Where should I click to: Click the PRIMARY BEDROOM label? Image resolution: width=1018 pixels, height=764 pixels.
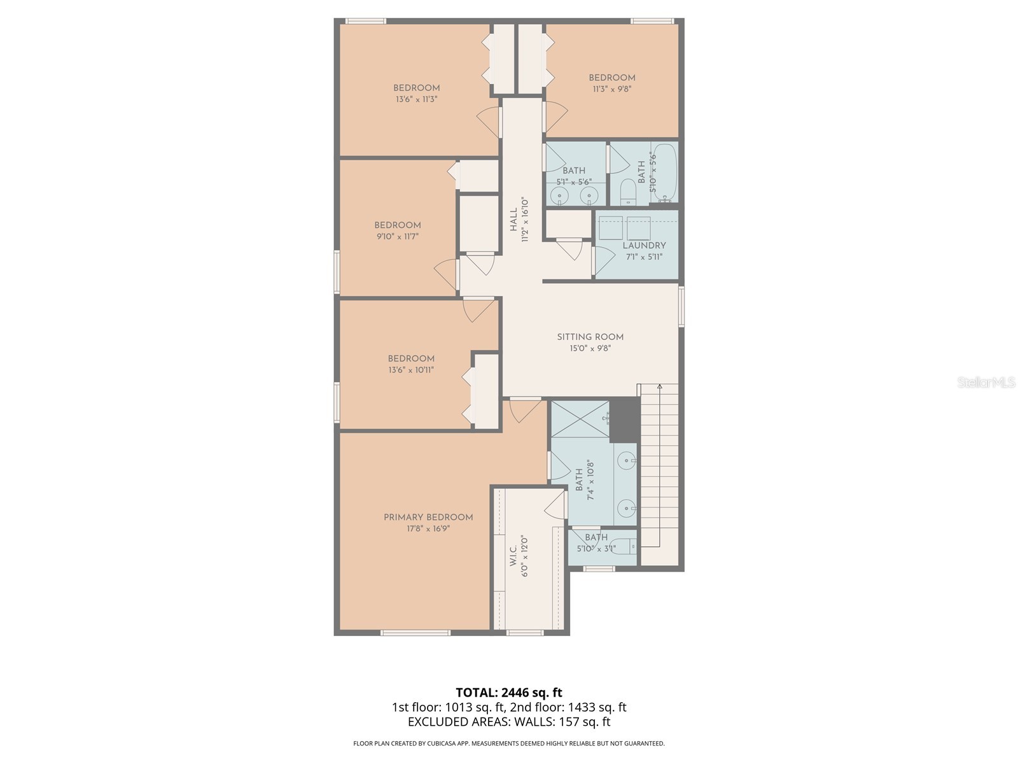tap(428, 517)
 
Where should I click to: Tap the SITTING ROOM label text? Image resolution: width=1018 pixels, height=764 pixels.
tap(590, 337)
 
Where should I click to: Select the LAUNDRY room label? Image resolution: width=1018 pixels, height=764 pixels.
tap(644, 245)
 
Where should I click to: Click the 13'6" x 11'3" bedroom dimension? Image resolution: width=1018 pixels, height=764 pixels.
tap(416, 99)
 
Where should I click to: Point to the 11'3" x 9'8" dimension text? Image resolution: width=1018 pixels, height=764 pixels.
tap(611, 89)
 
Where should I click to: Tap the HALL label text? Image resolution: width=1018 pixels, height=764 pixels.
tap(513, 220)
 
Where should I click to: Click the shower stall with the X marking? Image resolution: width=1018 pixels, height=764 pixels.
tap(580, 419)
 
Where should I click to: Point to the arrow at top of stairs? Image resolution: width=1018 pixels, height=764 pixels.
tap(660, 386)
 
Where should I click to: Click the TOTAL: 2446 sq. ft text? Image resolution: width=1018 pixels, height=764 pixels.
tap(509, 692)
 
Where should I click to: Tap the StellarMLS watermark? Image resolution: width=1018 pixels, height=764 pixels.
tap(986, 383)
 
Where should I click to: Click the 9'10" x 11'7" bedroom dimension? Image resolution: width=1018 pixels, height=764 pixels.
tap(397, 236)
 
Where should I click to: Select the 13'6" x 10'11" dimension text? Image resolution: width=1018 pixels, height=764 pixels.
tap(411, 370)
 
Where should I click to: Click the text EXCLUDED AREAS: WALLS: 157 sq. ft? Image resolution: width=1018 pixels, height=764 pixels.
tap(509, 722)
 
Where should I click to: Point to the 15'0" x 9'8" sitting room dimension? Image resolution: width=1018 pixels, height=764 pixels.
tap(590, 348)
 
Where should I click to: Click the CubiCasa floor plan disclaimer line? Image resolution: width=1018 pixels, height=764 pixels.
tap(509, 743)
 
